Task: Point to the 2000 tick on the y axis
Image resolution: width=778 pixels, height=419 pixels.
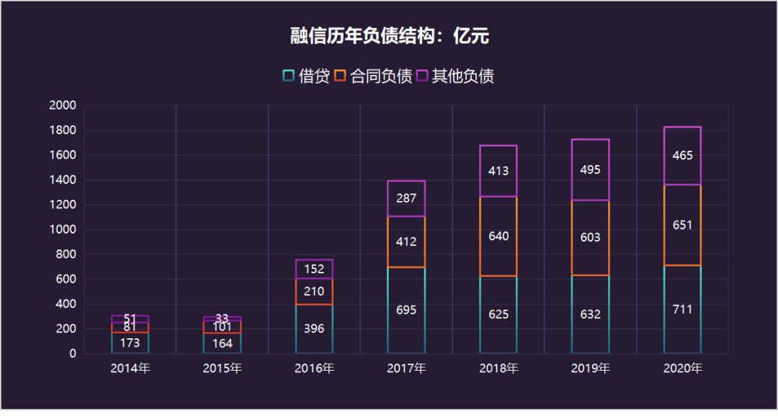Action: tap(63, 106)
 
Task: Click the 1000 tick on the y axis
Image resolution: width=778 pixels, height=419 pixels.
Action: tap(63, 230)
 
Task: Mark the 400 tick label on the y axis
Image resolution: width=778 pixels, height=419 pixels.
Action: tap(66, 304)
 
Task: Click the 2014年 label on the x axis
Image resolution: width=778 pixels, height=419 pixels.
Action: tap(130, 369)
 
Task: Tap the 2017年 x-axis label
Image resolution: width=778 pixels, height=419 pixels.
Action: tap(406, 369)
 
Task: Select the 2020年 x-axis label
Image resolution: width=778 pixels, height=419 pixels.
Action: tap(682, 369)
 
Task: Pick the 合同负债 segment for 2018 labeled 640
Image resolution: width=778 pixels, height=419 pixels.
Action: tap(498, 236)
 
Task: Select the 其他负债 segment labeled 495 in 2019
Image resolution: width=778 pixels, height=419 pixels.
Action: tap(591, 170)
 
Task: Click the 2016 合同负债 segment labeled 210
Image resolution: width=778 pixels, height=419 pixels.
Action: tap(314, 291)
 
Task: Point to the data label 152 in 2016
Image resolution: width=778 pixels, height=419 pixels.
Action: tap(314, 269)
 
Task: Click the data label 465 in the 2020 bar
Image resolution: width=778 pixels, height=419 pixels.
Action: tap(682, 156)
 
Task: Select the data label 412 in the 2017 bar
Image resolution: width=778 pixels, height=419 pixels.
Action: tap(406, 242)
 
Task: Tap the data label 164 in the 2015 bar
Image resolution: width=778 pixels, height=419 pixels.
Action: tap(222, 343)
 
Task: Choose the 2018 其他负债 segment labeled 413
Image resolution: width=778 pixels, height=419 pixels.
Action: tap(498, 171)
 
